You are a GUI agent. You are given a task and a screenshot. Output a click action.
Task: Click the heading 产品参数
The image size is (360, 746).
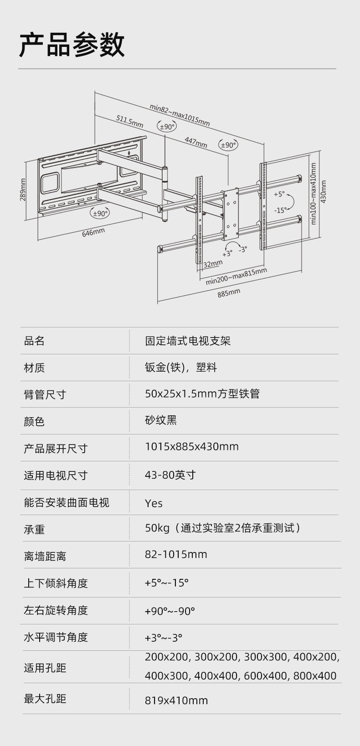(72, 45)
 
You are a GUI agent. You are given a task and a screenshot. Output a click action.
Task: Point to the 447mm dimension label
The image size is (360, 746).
(195, 142)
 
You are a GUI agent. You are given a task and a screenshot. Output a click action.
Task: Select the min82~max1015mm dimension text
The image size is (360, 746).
(180, 115)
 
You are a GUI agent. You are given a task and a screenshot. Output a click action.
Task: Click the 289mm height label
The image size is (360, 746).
(23, 189)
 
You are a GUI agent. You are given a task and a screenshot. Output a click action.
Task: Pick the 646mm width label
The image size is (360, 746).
(93, 232)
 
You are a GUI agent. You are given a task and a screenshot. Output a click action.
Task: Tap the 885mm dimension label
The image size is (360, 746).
(228, 293)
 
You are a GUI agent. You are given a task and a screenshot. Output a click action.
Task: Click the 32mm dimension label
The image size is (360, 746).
(213, 264)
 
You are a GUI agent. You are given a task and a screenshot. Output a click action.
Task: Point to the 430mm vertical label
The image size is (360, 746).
(324, 192)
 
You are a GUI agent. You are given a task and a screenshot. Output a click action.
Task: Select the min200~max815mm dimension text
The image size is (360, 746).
(236, 276)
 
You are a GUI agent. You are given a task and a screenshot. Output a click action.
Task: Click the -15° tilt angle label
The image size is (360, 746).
(280, 210)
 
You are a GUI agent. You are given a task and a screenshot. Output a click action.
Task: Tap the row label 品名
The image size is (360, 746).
(34, 341)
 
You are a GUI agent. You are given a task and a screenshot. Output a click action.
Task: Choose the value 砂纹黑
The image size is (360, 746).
(161, 420)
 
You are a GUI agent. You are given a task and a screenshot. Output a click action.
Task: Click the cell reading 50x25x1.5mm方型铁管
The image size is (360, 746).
(202, 393)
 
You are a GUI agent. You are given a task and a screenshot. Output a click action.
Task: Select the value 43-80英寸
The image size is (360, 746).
(170, 475)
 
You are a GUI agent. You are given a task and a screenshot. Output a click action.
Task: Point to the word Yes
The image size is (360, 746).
(154, 503)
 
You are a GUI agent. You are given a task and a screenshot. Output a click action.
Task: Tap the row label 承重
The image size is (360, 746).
(34, 530)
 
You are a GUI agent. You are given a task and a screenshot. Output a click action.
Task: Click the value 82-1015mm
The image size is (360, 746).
(176, 554)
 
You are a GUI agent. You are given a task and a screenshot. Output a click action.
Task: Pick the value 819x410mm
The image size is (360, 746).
(176, 700)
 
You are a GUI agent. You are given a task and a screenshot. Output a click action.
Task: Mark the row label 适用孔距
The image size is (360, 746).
(45, 668)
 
